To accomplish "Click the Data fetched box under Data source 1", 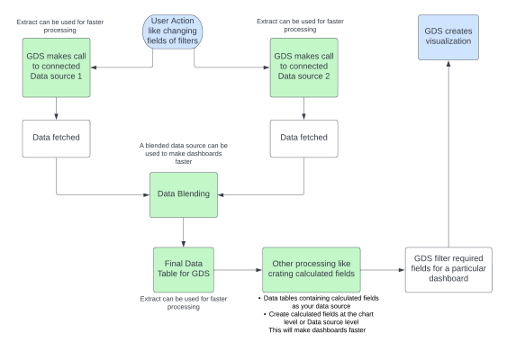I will [56, 137].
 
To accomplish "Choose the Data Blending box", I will [183, 193].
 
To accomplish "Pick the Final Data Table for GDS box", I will [183, 268].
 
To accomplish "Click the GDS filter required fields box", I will [448, 268].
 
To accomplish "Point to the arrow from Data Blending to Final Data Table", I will [183, 230].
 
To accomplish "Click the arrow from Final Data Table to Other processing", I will [238, 268].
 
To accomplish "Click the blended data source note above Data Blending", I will [185, 153].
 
